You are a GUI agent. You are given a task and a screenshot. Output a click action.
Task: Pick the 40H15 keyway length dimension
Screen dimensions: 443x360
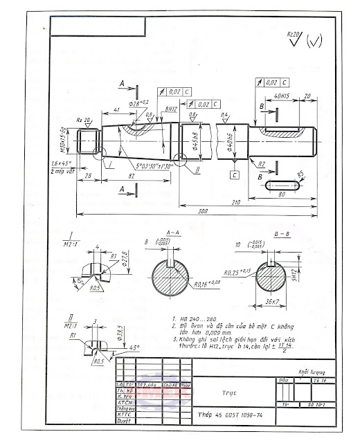tap(282, 97)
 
